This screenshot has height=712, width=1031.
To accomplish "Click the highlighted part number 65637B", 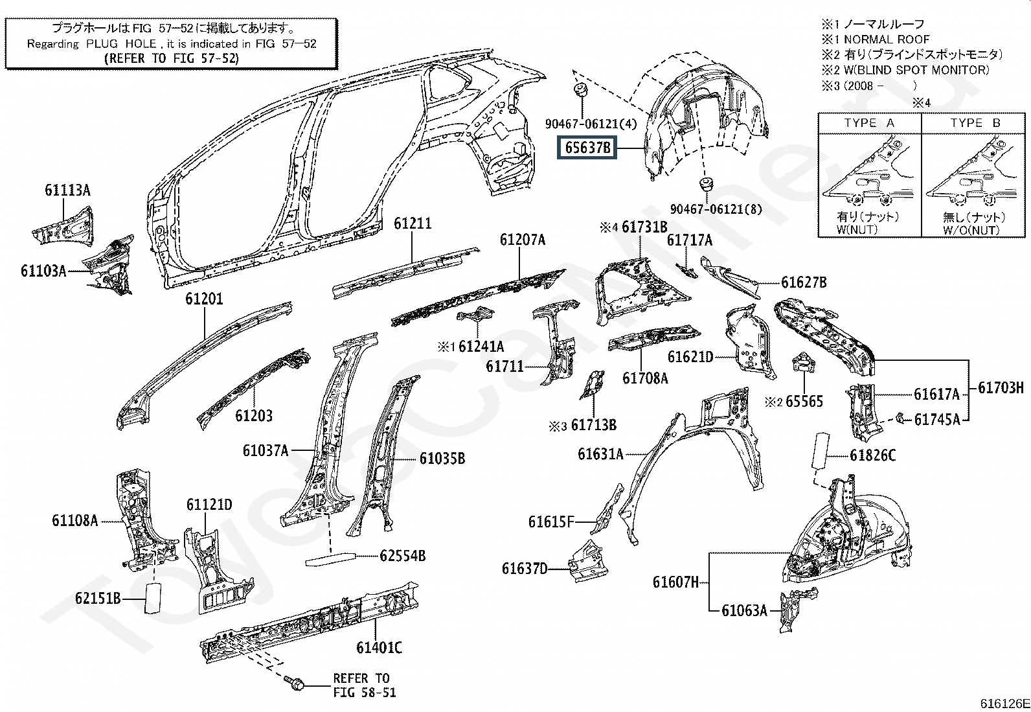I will coord(587,148).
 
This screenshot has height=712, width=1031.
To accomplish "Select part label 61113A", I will coord(67,190).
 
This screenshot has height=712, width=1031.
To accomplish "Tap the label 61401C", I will coord(379,647).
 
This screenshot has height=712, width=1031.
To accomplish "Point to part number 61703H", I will coord(1001,388).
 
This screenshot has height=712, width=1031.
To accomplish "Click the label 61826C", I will coord(872,455).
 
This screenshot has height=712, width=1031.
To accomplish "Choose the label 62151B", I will coord(98,599).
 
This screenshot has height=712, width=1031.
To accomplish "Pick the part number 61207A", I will coord(522,240).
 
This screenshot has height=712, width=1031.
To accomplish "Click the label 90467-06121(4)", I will coord(591,124).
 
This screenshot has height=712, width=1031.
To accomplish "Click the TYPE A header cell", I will coord(869,123).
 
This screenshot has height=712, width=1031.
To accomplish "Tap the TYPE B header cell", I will coord(975,123).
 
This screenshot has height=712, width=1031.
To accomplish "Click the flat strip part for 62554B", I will coord(330,558).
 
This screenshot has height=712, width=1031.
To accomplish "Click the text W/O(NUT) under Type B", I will coord(971,230).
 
